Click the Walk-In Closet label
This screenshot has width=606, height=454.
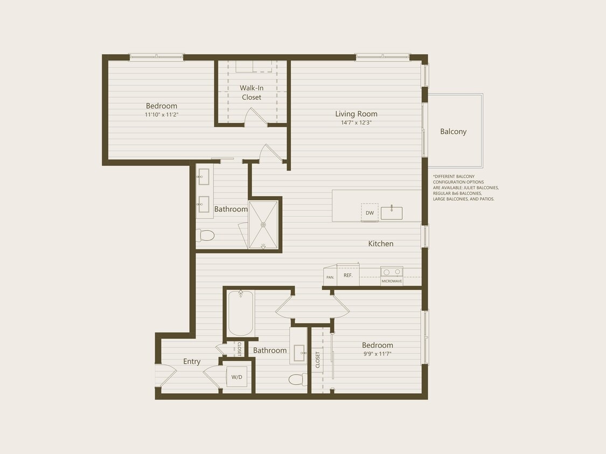point(251,92)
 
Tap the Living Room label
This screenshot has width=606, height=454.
point(356,113)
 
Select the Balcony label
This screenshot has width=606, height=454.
point(453,131)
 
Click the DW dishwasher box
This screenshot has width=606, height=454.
point(370,212)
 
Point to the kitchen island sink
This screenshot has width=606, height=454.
point(392,212)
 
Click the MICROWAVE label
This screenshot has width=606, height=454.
point(392,281)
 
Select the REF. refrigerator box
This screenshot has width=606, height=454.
point(348,275)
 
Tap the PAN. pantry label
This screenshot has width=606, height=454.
point(330,277)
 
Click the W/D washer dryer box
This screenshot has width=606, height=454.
point(237,377)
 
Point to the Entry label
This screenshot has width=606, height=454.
point(192,361)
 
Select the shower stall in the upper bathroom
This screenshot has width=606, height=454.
point(263,224)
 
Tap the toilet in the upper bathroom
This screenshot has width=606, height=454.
point(206,235)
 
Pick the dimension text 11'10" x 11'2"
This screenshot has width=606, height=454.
point(161,115)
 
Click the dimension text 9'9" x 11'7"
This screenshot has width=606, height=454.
point(377,353)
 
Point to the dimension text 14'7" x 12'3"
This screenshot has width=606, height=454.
point(356,123)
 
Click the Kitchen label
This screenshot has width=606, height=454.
point(380,244)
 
